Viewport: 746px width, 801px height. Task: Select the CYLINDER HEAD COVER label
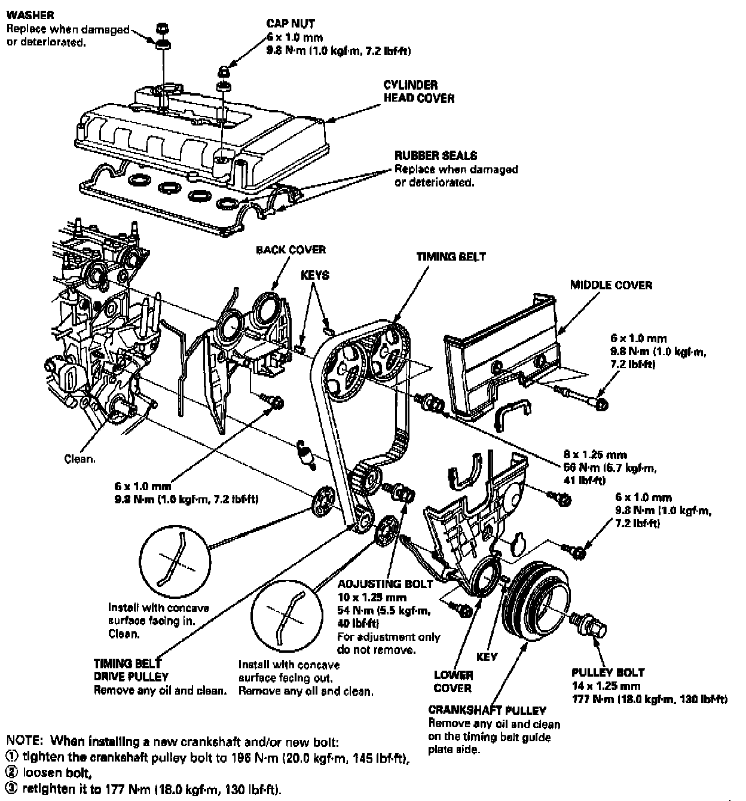[418, 91]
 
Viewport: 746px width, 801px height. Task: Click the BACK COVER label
[291, 250]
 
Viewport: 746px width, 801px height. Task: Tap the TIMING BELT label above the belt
[451, 256]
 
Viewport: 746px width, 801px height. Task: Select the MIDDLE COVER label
[610, 285]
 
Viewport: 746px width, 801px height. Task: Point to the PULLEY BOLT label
[607, 672]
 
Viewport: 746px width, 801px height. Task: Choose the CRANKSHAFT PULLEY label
[487, 710]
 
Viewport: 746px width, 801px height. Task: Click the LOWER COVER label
[453, 681]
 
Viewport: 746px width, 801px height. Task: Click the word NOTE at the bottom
[23, 742]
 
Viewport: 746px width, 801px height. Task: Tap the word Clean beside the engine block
[80, 459]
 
